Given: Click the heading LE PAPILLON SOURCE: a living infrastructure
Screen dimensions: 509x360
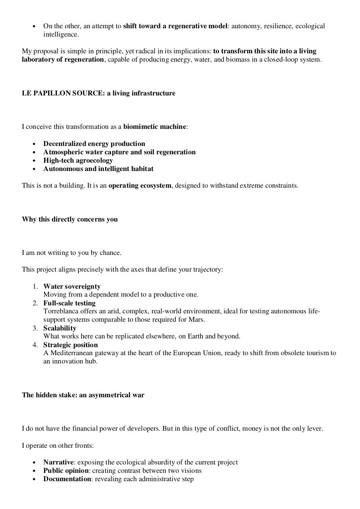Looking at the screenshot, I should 98,93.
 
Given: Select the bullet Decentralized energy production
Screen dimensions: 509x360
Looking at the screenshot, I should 94,144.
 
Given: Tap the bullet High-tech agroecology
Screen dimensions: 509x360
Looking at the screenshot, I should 78,160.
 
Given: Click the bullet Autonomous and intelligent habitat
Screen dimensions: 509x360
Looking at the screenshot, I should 98,169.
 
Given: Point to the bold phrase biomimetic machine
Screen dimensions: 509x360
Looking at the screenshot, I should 154,126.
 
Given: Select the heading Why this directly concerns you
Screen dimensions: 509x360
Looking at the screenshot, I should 70,219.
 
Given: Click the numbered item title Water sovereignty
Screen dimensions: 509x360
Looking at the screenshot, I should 72,286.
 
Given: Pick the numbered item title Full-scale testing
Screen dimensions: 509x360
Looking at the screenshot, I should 69,303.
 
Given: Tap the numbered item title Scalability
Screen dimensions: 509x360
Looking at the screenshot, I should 60,328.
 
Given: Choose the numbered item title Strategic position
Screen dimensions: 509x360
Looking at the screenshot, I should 70,345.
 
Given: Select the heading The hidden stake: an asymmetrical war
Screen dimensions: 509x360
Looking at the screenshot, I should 83,395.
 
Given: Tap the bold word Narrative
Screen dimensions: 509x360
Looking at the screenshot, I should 58,462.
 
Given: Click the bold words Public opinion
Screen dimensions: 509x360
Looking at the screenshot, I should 66,470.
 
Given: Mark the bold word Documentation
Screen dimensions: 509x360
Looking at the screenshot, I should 67,479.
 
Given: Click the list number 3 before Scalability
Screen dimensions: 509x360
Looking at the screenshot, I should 35,328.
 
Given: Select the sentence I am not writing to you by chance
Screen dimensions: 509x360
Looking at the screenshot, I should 72,253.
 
